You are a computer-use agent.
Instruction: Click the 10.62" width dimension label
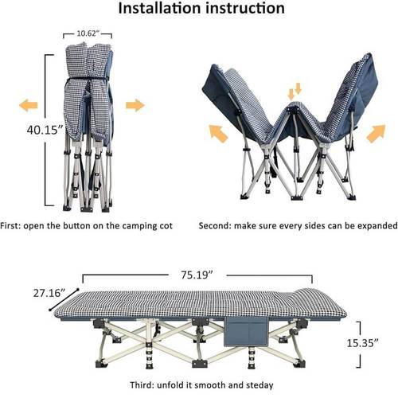tap(88, 33)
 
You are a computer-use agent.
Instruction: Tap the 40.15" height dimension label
tap(45, 130)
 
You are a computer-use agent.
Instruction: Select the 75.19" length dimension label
tap(197, 275)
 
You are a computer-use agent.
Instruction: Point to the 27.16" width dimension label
tap(49, 293)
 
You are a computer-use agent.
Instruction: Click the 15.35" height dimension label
tap(363, 343)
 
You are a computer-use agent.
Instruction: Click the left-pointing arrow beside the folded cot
tap(29, 105)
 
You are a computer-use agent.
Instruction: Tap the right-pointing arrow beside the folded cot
tap(135, 105)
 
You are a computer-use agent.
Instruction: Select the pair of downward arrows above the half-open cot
tap(295, 92)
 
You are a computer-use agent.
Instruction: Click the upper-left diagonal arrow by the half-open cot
tap(219, 134)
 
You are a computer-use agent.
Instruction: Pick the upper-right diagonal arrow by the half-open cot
tap(376, 134)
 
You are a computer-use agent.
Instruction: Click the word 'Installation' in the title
tap(160, 8)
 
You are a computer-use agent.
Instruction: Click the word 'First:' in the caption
tap(10, 226)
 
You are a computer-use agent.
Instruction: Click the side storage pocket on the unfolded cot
tap(246, 332)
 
